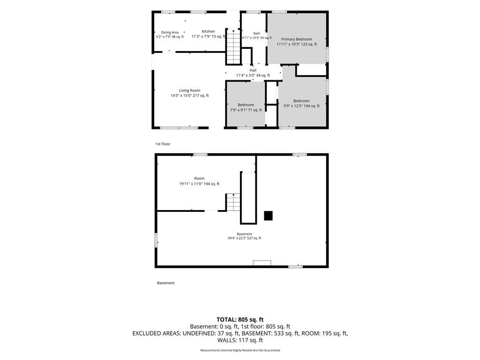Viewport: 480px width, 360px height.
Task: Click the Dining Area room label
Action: [170, 32]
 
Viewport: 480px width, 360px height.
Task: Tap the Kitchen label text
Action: [208, 31]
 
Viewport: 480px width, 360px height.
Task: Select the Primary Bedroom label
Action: [297, 39]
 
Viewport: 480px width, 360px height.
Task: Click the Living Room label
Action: [189, 90]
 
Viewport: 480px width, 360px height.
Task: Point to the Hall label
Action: [253, 70]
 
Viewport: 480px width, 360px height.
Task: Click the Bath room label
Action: [257, 33]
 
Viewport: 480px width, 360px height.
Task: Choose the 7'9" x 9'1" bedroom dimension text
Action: [246, 110]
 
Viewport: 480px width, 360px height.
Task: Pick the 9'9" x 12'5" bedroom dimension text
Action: [301, 106]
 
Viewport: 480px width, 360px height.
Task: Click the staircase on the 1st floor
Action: [233, 46]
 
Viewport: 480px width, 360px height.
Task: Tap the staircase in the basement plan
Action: [233, 202]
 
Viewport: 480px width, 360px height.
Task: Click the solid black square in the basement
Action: [268, 216]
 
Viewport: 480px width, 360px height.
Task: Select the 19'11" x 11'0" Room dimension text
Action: [199, 184]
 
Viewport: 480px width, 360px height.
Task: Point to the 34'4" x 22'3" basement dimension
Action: [244, 238]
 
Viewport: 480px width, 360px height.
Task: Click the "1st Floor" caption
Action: [163, 144]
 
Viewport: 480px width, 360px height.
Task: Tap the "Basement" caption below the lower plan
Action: [165, 283]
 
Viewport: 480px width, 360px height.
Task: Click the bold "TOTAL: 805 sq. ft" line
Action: [240, 320]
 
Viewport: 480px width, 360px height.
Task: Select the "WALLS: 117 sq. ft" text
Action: [240, 340]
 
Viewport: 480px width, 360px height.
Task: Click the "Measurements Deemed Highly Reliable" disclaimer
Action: [240, 350]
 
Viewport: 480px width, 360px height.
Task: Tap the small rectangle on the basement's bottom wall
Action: [262, 262]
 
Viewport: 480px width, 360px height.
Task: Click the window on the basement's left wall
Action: [156, 240]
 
